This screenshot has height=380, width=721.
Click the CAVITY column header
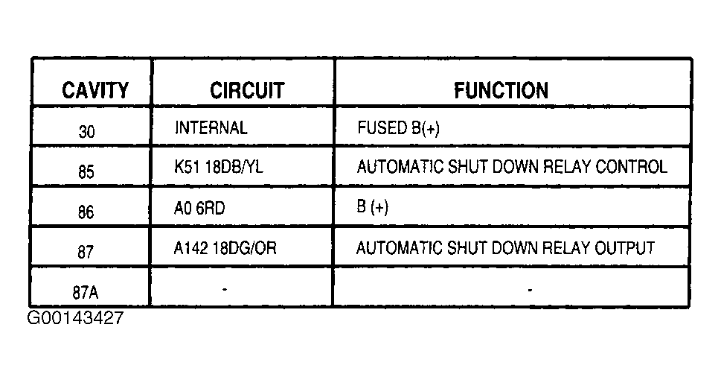pos(95,90)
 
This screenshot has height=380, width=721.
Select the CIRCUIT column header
pos(247,90)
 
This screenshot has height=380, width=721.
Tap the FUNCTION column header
pos(502,90)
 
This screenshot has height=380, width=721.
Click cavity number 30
pos(86,132)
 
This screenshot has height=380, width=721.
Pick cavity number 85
pos(86,172)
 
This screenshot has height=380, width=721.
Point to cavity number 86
pos(86,212)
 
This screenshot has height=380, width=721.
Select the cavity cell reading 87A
pos(86,292)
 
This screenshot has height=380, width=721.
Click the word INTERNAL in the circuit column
pos(211,127)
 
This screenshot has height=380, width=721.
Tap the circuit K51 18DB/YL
pos(219,167)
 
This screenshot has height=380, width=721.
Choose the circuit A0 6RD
pos(199,208)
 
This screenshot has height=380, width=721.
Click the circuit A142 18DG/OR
pos(225,248)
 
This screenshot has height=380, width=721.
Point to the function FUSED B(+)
pos(398,128)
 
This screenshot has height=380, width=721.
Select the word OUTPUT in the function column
pos(624,248)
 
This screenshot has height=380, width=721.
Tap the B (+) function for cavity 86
pos(373,207)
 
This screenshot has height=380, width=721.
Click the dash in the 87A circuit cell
pos(225,289)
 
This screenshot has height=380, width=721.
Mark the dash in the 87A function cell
pos(531,290)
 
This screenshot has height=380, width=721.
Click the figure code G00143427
pos(75,318)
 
